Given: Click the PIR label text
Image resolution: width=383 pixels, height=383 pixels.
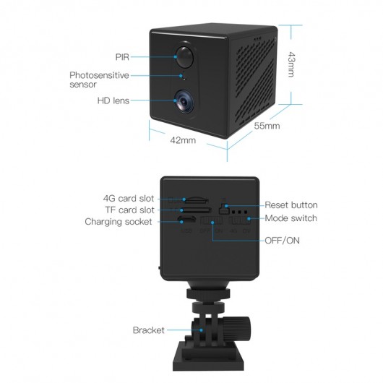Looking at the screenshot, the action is coord(122,57).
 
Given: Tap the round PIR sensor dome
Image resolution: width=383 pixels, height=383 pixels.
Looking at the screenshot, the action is coord(185,56).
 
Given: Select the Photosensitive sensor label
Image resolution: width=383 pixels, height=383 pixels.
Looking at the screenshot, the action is coord(99,79).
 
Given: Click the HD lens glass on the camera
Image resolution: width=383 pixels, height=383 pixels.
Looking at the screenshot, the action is coord(184,101).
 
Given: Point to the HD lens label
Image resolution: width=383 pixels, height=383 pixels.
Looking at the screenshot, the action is coord(113,100).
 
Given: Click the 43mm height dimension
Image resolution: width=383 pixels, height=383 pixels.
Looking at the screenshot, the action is coord(291,64).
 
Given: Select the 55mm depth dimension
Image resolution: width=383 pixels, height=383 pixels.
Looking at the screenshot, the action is coord(267,126).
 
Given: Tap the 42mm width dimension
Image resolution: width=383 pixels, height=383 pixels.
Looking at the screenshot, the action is coord(183,140).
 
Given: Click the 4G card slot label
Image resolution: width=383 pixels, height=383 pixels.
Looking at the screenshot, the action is coord(129,198).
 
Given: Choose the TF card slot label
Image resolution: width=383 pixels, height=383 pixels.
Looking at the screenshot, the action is coord(129,210).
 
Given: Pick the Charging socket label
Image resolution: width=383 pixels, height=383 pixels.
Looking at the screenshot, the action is coord(119,222).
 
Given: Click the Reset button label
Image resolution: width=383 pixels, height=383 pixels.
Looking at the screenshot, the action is coord(291,205).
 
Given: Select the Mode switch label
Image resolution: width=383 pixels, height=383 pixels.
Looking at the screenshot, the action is coord(291,218).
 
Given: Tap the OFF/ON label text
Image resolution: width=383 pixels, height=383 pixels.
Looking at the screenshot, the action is coord(282,241).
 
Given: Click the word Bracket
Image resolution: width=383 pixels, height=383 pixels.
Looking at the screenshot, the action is coord(149,330).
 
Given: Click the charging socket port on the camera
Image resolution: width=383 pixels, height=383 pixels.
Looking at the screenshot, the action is coord(186,220).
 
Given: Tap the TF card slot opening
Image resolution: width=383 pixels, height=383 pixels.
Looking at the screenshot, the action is coord(196,210).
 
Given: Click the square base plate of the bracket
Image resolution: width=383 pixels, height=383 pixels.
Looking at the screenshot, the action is coord(208,357).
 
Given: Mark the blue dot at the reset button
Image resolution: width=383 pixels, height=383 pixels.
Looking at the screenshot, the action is coord(226,206).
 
